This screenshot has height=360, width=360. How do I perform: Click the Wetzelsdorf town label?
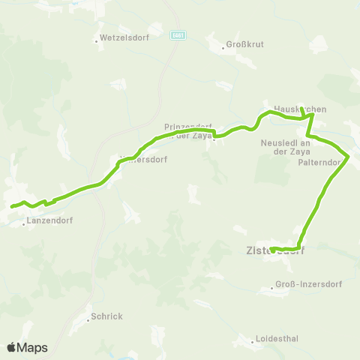(x=121, y=36)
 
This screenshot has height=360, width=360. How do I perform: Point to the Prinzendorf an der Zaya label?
(x=188, y=130)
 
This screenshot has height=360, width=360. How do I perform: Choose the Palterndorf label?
(x=320, y=161)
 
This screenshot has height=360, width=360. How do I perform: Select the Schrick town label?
(x=106, y=316)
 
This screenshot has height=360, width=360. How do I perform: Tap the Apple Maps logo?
(x=26, y=347)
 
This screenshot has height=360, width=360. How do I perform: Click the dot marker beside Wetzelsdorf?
(x=96, y=40)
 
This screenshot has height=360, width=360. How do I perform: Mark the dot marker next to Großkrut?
(x=223, y=49)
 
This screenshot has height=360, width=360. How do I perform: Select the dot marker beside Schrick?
(x=87, y=317)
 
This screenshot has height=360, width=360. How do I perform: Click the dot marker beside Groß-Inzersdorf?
(x=272, y=288)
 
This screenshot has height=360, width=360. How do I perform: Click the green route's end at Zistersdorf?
(x=271, y=248)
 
